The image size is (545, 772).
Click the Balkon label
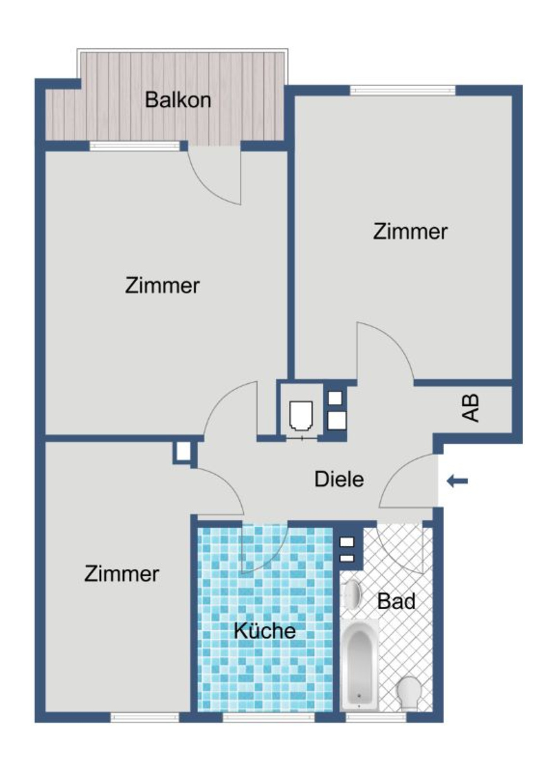178,100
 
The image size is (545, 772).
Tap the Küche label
265,631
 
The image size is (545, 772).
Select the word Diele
339,479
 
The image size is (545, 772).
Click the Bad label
396,601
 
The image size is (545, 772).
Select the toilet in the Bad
408,693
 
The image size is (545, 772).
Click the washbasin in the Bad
353,594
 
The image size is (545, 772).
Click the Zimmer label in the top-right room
410,232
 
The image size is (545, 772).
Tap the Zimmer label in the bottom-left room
122,574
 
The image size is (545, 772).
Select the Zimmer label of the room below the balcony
162,286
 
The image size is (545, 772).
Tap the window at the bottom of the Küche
268,717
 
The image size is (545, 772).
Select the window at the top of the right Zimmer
402,90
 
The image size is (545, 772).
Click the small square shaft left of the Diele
183,451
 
